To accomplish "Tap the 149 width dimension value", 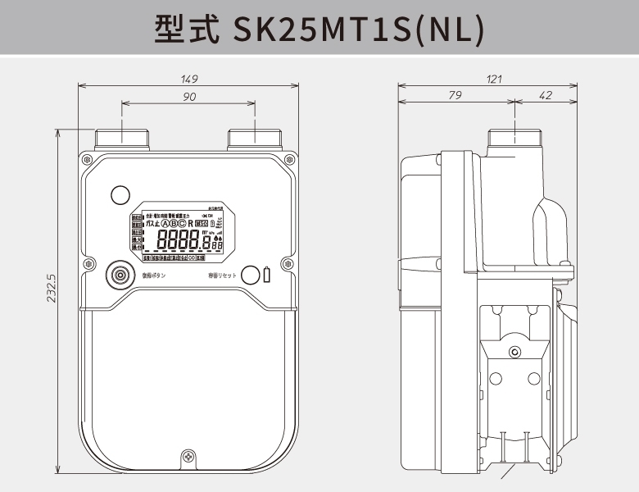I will pyautogui.click(x=189, y=80).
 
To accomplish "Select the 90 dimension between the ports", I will pyautogui.click(x=189, y=97).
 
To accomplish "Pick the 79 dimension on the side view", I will pyautogui.click(x=455, y=97).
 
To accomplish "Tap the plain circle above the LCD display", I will pyautogui.click(x=120, y=194).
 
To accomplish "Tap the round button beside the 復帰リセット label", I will pyautogui.click(x=252, y=275).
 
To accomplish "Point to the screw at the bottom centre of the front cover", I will pyautogui.click(x=189, y=456).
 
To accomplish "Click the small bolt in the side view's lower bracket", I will pyautogui.click(x=514, y=352).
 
